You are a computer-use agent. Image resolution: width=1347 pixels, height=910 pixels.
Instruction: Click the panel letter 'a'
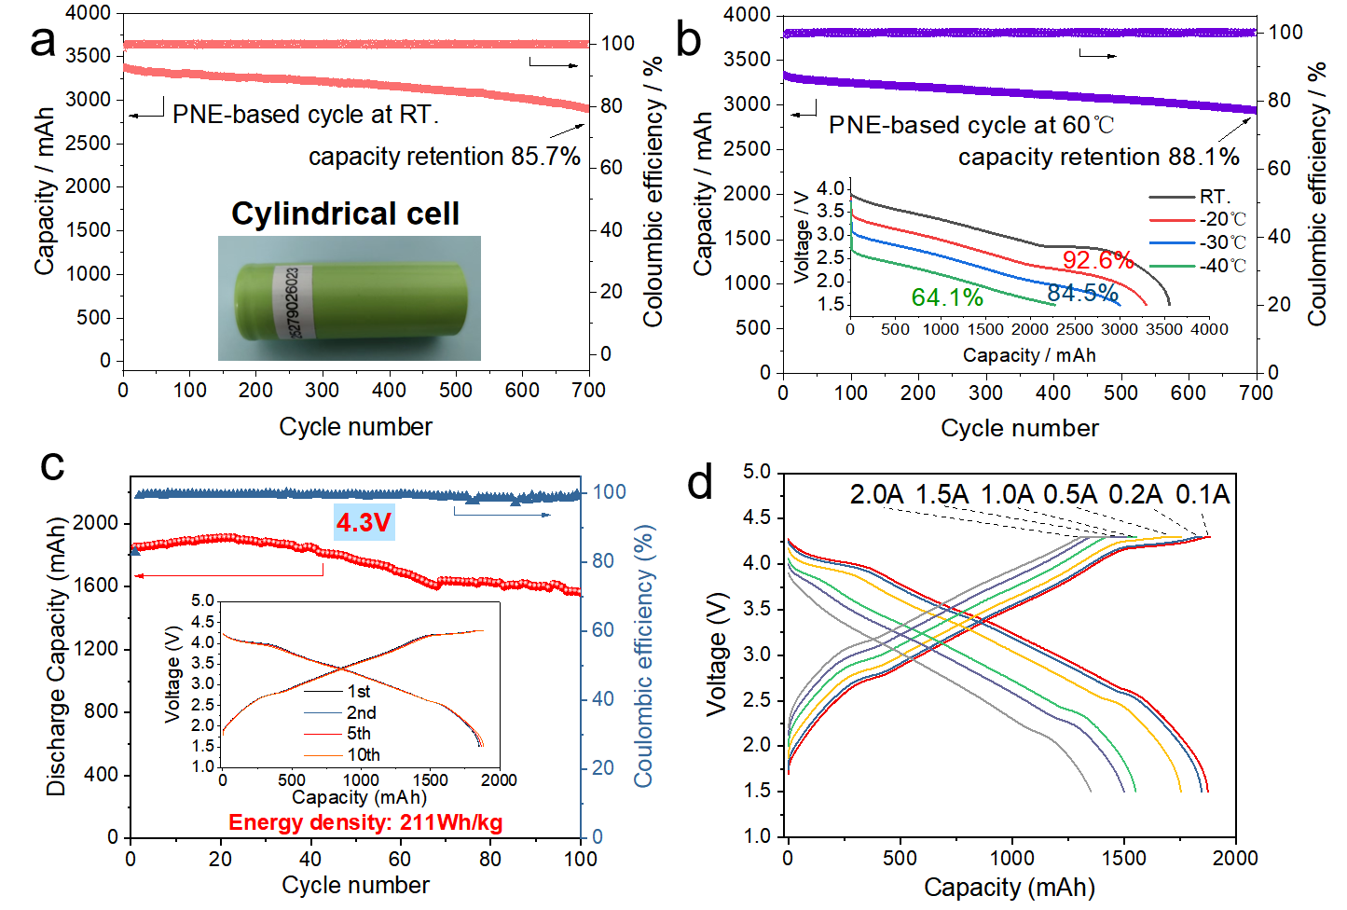coord(42,42)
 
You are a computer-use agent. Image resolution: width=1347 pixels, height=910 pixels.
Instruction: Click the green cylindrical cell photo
coord(350,298)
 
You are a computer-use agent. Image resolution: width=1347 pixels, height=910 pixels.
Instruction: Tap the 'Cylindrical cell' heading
coord(345,214)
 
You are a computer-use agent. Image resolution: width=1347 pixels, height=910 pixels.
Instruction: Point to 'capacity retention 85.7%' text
coord(445,157)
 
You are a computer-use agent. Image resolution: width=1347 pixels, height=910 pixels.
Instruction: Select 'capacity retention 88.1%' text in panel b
coord(1098,157)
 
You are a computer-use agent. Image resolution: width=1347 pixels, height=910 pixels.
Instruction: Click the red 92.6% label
coord(1097,259)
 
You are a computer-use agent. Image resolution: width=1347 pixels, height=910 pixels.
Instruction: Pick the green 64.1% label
coord(947,297)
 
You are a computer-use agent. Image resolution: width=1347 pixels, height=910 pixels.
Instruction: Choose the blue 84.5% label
coord(1082,293)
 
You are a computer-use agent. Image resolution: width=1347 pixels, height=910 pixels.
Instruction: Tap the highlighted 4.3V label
coord(364,522)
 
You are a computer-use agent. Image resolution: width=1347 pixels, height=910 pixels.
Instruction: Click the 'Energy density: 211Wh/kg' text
coord(365,822)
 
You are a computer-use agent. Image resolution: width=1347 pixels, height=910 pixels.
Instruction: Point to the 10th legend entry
coord(363,754)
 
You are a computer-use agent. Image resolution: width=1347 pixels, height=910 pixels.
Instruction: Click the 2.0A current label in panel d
coord(876,494)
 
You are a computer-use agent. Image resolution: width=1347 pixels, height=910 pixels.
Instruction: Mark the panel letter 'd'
coord(699,483)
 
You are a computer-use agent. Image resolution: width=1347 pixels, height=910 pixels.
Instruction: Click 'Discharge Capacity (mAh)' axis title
coord(57,657)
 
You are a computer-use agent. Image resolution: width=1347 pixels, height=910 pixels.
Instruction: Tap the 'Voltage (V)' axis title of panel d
coord(716,655)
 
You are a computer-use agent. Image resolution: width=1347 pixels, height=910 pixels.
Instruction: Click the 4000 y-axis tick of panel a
coord(89,13)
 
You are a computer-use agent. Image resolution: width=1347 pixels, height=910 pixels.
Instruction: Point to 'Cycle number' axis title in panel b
coord(1019,428)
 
